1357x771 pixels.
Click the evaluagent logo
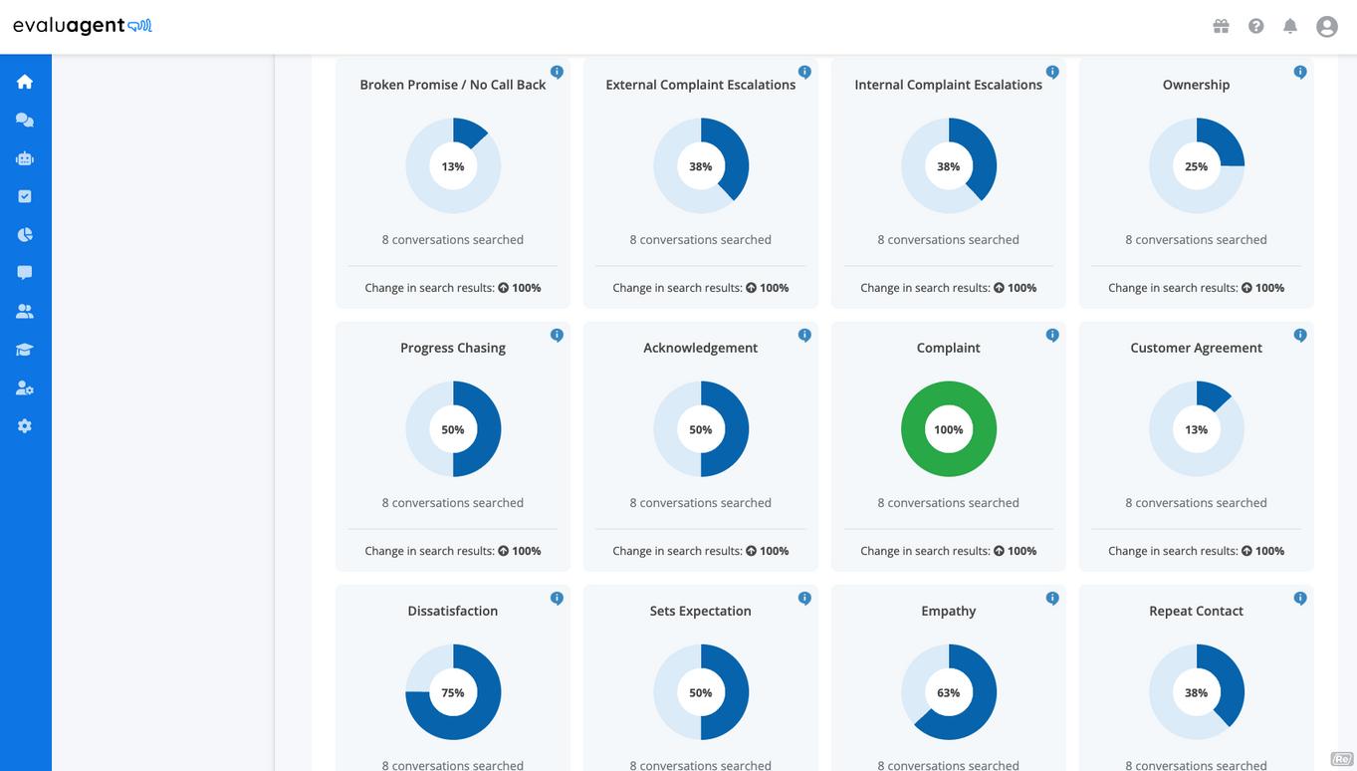tap(83, 26)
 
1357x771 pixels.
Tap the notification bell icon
tap(1290, 26)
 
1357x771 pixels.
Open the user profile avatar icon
tap(1327, 27)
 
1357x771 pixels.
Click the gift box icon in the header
tap(1221, 26)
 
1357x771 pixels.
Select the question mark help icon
tap(1255, 26)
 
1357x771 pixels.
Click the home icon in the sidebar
tap(25, 82)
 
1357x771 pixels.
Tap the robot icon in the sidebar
tap(25, 158)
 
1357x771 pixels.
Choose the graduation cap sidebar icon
tap(25, 350)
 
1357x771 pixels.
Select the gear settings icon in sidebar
tap(25, 426)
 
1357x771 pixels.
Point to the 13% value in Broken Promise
tap(453, 166)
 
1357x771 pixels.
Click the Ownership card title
tap(1196, 85)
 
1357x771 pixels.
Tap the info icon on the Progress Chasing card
tap(557, 335)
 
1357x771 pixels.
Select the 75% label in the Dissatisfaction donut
tap(453, 693)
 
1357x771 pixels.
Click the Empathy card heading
tap(948, 611)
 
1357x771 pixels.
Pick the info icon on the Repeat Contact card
tap(1300, 599)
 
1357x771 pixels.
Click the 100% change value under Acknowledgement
tap(775, 551)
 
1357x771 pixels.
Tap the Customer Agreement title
tap(1196, 348)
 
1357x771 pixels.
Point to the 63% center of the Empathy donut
tap(948, 693)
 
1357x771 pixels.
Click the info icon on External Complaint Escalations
tap(804, 72)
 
